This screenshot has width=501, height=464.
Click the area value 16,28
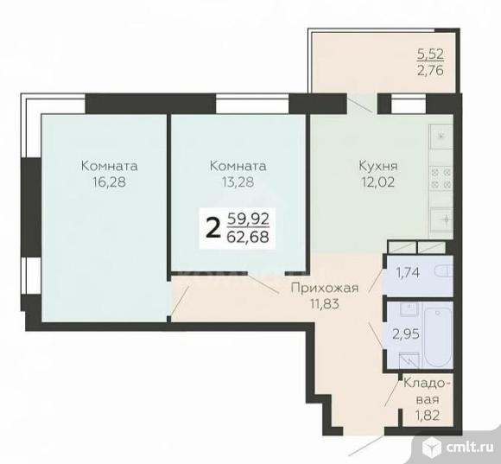[x=110, y=181]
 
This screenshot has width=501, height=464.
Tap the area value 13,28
[x=238, y=181]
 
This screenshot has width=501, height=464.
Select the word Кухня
[x=378, y=166]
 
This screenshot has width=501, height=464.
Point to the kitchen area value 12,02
[x=378, y=181]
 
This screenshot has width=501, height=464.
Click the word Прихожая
[x=325, y=289]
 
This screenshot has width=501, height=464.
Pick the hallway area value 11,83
[x=324, y=304]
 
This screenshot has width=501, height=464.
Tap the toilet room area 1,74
[x=408, y=272]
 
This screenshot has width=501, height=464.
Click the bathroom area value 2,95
[x=406, y=334]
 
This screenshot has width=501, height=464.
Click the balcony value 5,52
[x=431, y=54]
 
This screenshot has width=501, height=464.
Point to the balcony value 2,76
[x=431, y=70]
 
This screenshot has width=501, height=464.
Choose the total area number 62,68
[x=248, y=237]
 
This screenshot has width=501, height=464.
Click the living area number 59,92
[x=248, y=219]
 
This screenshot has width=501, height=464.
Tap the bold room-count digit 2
[x=213, y=228]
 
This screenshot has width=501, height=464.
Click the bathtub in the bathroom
[x=437, y=335]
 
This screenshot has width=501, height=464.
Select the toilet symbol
[x=443, y=272]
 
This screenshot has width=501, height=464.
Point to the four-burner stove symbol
[x=441, y=179]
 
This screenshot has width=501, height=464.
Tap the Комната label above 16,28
[x=110, y=166]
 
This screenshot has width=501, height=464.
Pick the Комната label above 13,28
[x=238, y=166]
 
